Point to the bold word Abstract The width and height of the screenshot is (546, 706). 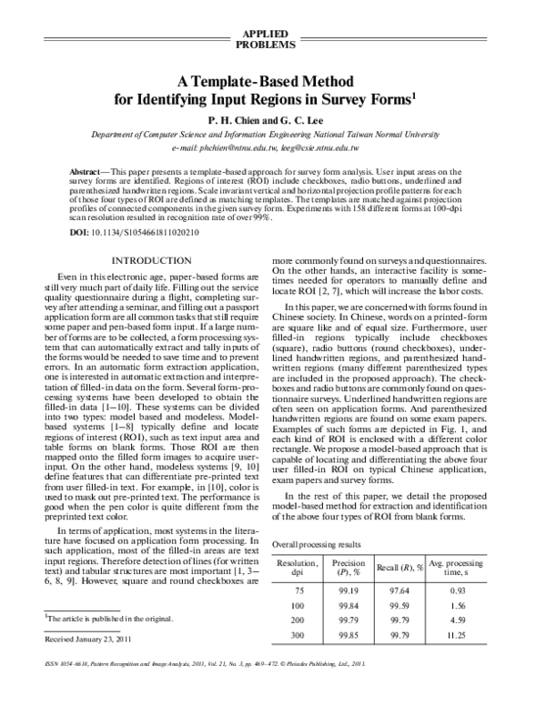tap(86, 172)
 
